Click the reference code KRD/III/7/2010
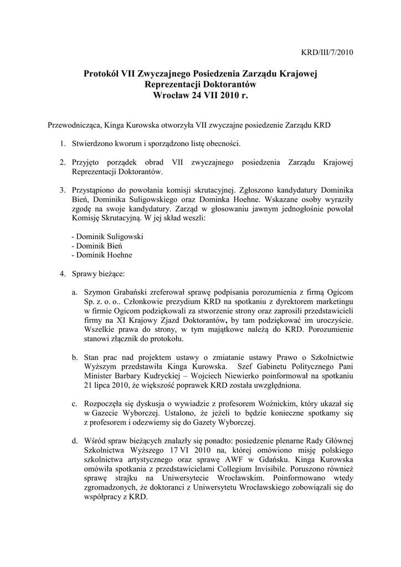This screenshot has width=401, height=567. tap(327, 53)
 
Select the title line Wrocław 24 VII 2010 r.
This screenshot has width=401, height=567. tap(200, 95)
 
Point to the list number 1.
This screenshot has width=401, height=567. tap(63, 144)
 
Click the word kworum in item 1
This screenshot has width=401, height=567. tap(125, 144)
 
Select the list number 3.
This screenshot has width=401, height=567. tap(63, 190)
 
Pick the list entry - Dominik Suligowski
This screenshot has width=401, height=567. tap(107, 236)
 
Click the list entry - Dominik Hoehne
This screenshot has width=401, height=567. tap(102, 255)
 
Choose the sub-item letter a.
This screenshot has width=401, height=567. tap(74, 292)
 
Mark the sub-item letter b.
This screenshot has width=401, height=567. tap(74, 357)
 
